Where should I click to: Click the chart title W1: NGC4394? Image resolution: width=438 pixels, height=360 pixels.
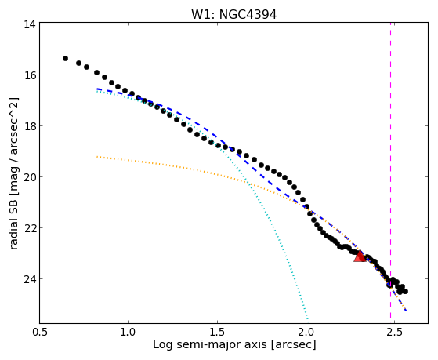click(233, 14)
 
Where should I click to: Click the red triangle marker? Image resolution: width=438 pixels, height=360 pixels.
click(360, 256)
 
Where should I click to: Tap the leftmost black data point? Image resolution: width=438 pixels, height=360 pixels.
click(65, 58)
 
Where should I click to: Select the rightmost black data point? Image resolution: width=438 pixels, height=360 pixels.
click(405, 291)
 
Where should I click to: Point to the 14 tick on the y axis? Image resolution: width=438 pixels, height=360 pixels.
click(29, 24)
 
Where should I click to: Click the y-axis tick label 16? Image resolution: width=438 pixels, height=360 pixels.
click(29, 75)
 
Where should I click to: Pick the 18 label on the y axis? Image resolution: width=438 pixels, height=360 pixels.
click(29, 126)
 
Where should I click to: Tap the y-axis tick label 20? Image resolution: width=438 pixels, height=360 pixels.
click(29, 177)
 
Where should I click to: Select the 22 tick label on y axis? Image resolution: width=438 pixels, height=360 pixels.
click(29, 228)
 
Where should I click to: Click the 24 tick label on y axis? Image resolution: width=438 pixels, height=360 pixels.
click(29, 279)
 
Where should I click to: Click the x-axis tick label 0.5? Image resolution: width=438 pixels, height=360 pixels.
click(40, 332)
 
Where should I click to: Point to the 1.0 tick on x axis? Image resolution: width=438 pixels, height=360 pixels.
click(129, 332)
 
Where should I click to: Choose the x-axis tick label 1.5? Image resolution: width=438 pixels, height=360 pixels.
click(217, 332)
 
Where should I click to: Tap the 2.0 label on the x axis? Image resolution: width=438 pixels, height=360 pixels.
click(306, 332)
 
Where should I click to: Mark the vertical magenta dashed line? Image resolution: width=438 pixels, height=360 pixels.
click(390, 173)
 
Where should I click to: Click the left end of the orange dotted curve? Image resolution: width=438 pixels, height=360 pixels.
click(97, 157)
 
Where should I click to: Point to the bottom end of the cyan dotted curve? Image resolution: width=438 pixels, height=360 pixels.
click(308, 322)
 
